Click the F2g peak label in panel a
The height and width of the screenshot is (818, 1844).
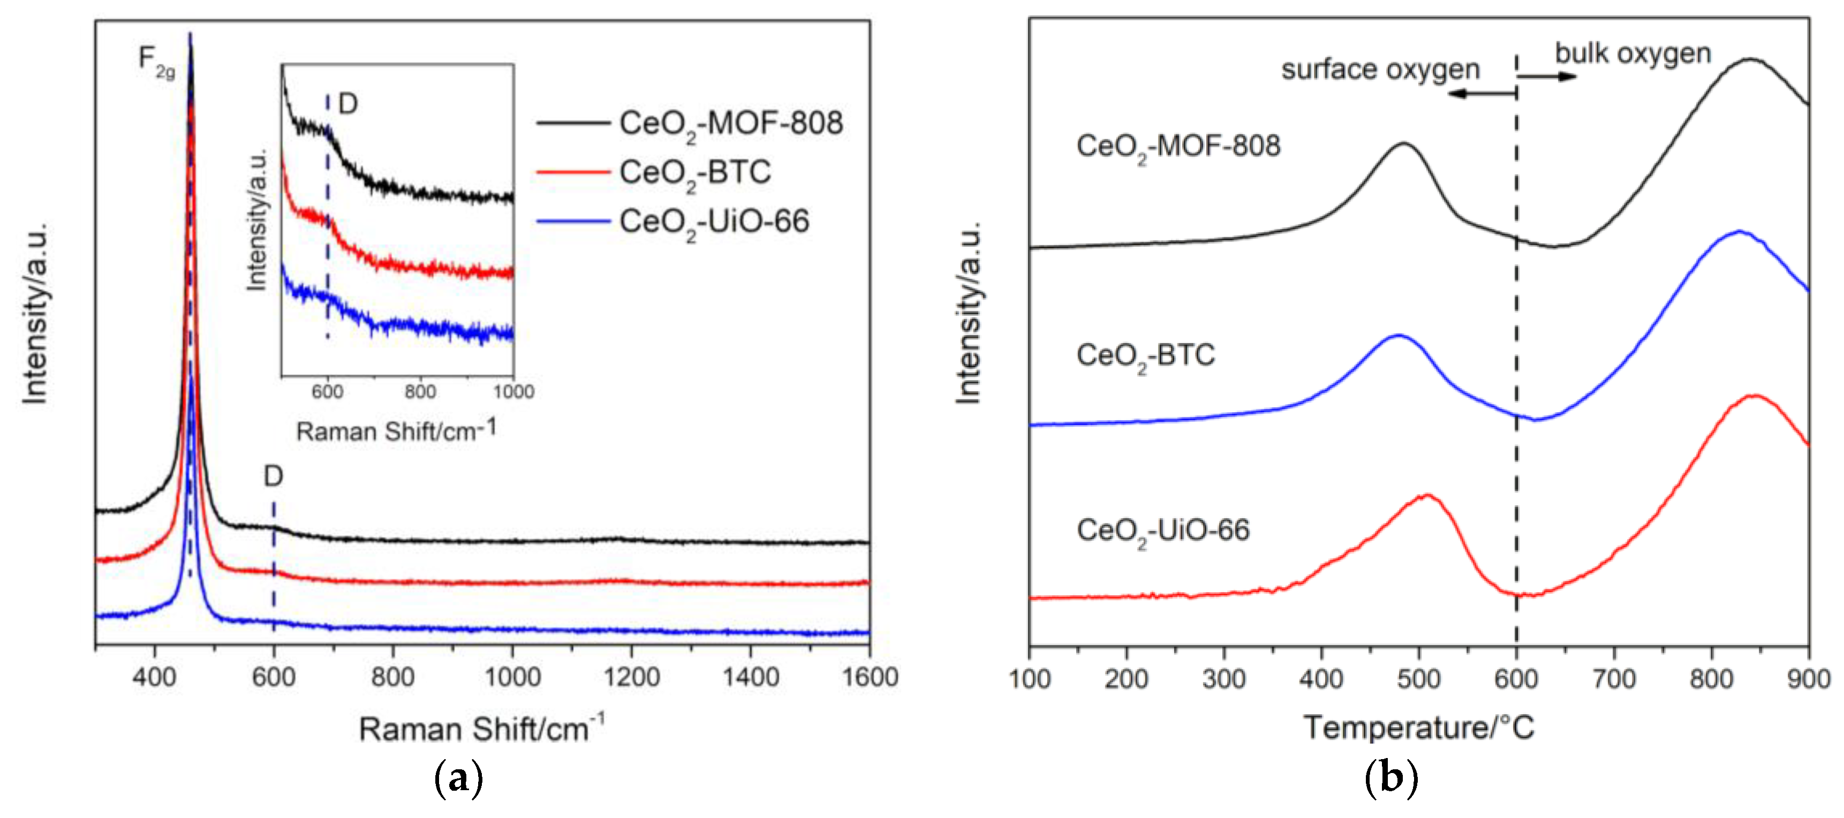pyautogui.click(x=156, y=61)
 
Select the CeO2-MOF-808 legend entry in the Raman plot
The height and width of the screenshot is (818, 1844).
pyautogui.click(x=730, y=124)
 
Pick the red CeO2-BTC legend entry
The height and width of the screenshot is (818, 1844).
pyautogui.click(x=694, y=172)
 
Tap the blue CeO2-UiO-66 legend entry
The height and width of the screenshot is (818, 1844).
pyautogui.click(x=714, y=221)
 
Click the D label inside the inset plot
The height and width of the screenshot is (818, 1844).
pyautogui.click(x=348, y=104)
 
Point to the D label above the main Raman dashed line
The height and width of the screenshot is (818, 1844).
pyautogui.click(x=274, y=476)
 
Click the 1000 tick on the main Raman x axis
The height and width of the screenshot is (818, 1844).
pyautogui.click(x=512, y=676)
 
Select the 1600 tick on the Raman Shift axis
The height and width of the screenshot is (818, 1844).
pyautogui.click(x=869, y=676)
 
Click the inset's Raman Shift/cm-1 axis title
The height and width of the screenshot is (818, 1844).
pyautogui.click(x=396, y=431)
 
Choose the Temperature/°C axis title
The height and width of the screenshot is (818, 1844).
pyautogui.click(x=1419, y=728)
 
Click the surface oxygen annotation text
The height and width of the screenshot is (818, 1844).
pyautogui.click(x=1380, y=70)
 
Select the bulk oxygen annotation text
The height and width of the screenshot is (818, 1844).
pyautogui.click(x=1633, y=54)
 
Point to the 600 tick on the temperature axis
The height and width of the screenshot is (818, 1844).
pyautogui.click(x=1516, y=678)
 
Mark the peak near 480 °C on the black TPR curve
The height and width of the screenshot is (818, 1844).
pyautogui.click(x=1404, y=144)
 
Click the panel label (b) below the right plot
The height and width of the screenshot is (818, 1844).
pyautogui.click(x=1391, y=778)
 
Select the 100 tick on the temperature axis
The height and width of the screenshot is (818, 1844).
pyautogui.click(x=1030, y=678)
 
